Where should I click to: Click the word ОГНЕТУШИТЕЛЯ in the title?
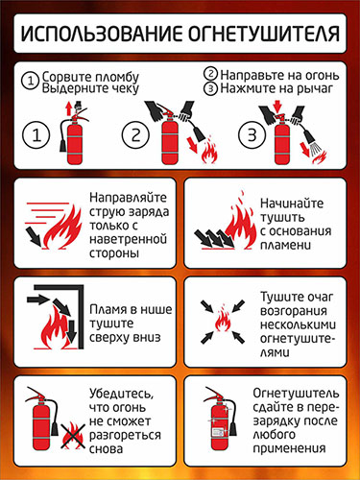pos(263,34)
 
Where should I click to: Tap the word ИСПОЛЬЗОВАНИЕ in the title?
pos(101,34)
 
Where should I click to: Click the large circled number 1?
pos(36,134)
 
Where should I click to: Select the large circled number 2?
pos(136,134)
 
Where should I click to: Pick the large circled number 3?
pos(252,134)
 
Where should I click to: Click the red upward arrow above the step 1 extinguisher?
pos(68,108)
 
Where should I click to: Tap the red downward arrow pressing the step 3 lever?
pos(277,106)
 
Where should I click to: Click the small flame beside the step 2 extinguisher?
pos(209,152)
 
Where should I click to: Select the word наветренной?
pos(128,239)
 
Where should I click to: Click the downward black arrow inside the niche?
pos(72,333)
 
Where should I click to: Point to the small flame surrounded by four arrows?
pos(223,321)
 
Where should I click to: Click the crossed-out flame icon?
pos(73,436)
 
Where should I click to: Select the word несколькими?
pos(298,324)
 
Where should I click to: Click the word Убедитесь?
pos(121,394)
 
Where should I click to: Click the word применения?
pos(289,448)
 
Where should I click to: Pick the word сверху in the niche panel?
pos(108,338)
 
